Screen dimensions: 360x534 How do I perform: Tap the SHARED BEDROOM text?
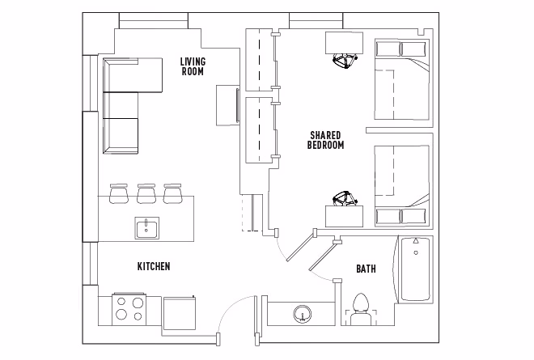tap(326, 140)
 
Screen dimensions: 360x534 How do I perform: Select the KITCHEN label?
tap(153, 266)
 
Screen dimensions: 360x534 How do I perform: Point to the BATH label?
tap(366, 269)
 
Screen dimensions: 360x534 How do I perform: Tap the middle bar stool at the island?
tap(146, 193)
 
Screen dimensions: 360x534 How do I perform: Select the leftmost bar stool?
tap(119, 193)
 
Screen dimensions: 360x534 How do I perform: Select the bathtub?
tap(414, 271)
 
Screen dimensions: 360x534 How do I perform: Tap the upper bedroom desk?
tap(345, 43)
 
